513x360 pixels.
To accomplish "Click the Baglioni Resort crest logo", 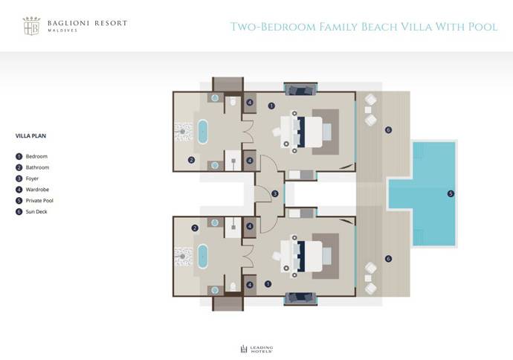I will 31,28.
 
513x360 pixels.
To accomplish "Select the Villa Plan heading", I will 30,136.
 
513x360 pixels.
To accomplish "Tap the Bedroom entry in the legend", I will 36,156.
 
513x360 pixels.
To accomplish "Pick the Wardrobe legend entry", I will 38,190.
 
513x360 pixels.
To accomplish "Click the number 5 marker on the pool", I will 451,194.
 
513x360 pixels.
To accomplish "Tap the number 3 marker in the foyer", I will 275,194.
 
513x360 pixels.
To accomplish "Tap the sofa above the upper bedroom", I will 301,91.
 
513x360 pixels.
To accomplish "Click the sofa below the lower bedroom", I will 301,298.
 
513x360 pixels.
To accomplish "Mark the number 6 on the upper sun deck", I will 388,130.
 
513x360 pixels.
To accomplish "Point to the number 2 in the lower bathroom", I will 195,228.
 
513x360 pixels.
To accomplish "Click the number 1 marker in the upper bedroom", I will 272,106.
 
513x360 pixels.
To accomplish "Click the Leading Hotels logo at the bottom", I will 256,348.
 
